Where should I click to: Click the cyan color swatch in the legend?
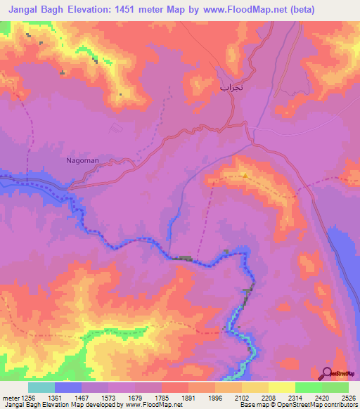[x=41, y=387]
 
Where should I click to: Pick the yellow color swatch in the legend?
[x=281, y=387]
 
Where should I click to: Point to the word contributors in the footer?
[x=335, y=404]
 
